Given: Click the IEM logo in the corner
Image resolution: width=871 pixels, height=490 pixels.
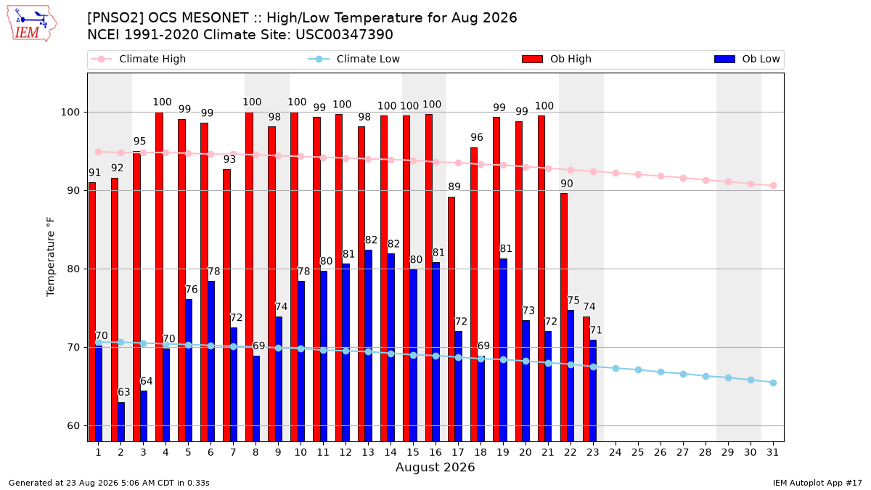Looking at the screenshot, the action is click(x=31, y=24).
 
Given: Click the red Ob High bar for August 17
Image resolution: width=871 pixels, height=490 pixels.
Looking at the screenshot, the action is click(x=451, y=319).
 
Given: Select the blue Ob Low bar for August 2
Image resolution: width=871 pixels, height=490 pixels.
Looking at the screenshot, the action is click(x=121, y=422).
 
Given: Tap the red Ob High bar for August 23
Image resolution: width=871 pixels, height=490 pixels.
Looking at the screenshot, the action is click(x=586, y=379).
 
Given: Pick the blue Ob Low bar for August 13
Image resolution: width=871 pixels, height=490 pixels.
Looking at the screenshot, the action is click(x=368, y=346).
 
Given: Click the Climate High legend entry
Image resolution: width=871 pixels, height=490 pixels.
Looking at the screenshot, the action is click(x=138, y=59).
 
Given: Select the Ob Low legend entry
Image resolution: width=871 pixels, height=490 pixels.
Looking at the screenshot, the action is click(x=747, y=59).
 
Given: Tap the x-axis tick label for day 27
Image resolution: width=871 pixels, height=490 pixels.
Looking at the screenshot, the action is click(x=683, y=453).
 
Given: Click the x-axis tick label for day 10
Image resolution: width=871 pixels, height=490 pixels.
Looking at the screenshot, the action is click(x=300, y=453).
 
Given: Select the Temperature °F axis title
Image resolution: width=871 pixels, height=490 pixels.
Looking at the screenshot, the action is click(x=51, y=257).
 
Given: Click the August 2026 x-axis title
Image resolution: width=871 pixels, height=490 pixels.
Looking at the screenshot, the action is click(x=435, y=467).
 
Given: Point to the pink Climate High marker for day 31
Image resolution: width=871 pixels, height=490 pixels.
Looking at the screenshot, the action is click(x=773, y=186).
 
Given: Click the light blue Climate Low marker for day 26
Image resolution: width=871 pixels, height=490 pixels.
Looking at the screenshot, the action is click(x=661, y=372).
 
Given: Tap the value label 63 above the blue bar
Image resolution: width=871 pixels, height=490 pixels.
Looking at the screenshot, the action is click(x=124, y=392).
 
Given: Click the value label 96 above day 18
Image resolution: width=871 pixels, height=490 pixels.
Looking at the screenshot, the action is click(x=477, y=137).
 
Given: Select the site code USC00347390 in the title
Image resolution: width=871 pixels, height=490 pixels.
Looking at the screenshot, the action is click(x=344, y=35).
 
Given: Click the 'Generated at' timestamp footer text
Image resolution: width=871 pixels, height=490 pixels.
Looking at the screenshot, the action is click(x=109, y=483).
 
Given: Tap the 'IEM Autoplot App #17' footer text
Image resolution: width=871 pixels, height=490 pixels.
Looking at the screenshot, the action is click(x=817, y=483).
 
